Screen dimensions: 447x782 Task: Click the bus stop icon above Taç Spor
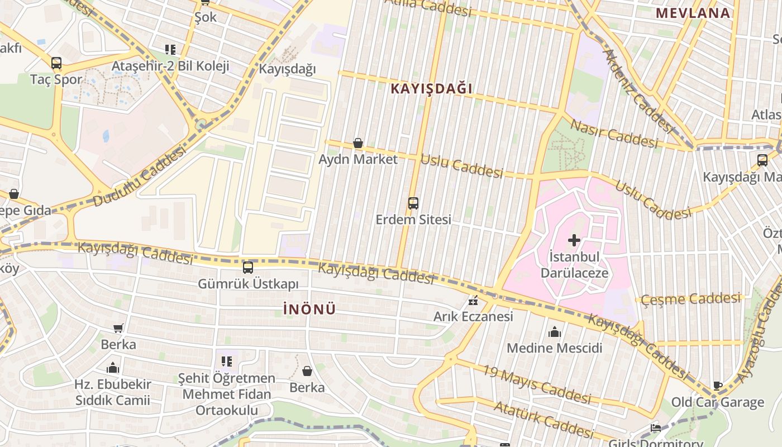(x=56, y=63)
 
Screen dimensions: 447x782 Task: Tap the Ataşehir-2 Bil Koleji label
(x=170, y=66)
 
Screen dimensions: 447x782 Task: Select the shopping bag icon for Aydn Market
(x=358, y=144)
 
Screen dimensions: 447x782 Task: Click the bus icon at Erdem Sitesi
(x=413, y=203)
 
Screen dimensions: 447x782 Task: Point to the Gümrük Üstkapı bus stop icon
(x=248, y=268)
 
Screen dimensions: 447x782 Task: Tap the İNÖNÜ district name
(x=309, y=309)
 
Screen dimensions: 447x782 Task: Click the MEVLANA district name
(x=693, y=13)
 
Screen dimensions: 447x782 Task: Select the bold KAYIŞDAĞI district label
(x=431, y=88)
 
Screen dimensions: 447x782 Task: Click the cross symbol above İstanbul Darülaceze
(x=574, y=241)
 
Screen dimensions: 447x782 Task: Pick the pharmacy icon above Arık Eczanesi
(x=474, y=301)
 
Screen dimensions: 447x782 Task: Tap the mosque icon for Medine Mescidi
(x=554, y=332)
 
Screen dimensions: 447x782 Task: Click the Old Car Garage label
(x=717, y=402)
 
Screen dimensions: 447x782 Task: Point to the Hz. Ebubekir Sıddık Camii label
(x=113, y=392)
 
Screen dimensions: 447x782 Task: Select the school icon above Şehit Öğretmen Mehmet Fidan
(x=226, y=362)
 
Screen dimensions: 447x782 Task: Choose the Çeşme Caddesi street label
(x=690, y=299)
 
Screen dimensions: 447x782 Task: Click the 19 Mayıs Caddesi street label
(x=536, y=384)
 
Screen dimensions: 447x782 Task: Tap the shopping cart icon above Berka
(x=118, y=329)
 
